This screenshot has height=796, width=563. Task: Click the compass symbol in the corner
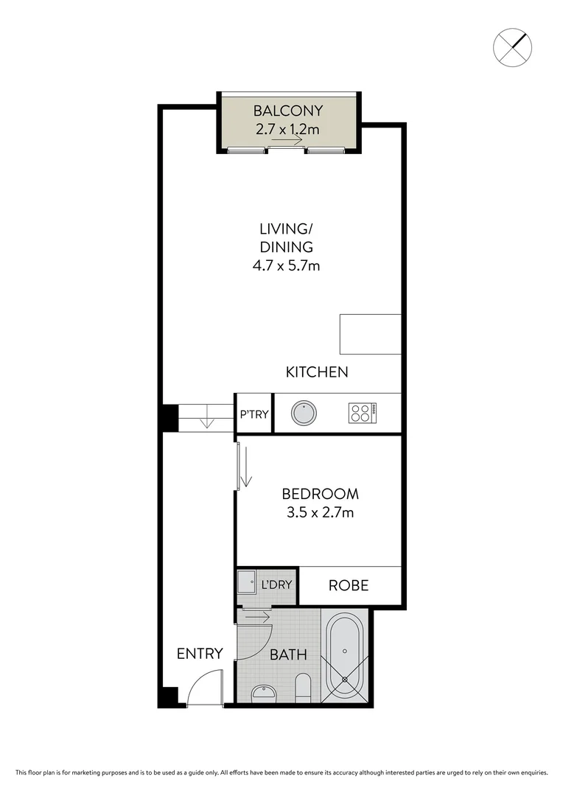(512, 46)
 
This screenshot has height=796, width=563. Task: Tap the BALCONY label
(287, 111)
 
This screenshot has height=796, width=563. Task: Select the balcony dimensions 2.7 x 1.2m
(287, 130)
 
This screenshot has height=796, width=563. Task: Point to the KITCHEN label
(317, 372)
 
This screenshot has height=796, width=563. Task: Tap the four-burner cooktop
(363, 413)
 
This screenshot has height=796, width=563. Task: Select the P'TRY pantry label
(253, 414)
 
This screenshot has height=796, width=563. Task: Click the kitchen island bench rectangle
(370, 334)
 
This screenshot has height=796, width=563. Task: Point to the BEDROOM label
(321, 494)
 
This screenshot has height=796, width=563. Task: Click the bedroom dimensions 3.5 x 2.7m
(321, 512)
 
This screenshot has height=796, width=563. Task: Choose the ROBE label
(349, 586)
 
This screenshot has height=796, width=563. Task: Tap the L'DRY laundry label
(277, 586)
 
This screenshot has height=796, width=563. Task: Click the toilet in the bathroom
(303, 688)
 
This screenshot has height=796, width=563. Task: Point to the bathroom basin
(263, 693)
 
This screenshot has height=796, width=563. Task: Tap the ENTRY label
(200, 653)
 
